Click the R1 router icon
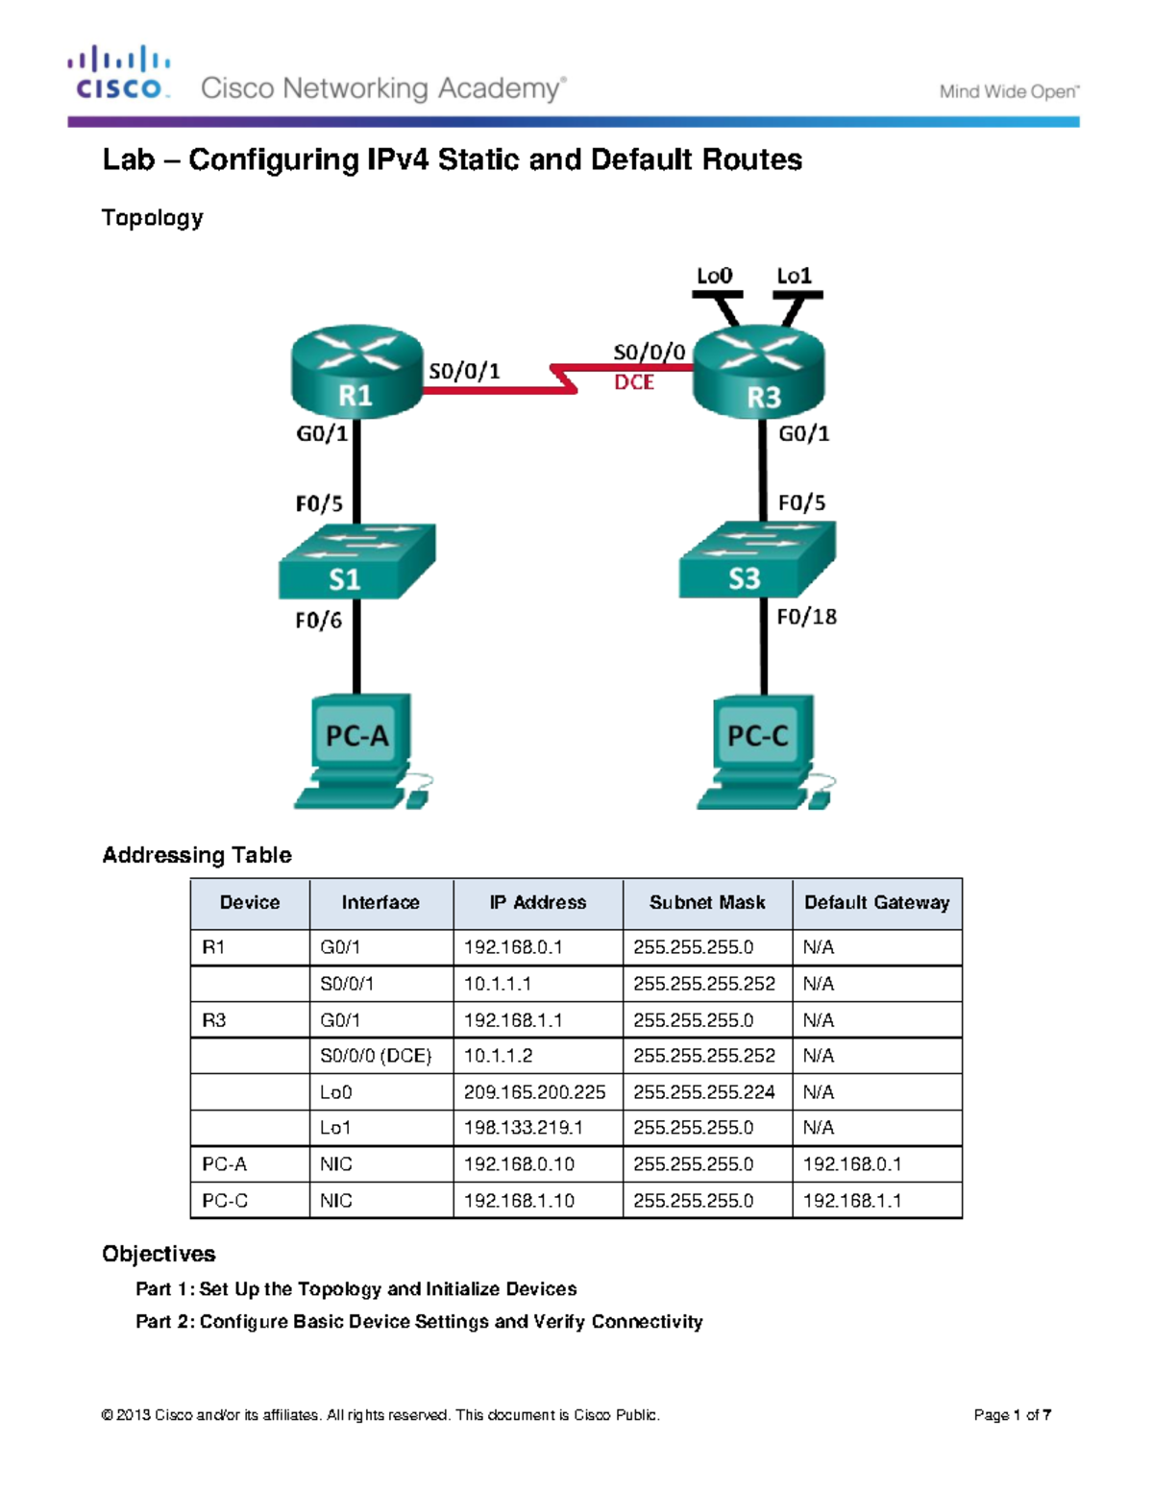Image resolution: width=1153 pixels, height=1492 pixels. click(356, 374)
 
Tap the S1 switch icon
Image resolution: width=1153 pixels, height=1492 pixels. click(356, 563)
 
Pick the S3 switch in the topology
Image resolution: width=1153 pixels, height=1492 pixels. click(757, 561)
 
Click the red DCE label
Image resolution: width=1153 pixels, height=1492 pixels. click(634, 382)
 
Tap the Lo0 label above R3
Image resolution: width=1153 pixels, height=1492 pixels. click(714, 277)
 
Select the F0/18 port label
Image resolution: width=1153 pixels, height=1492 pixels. click(806, 617)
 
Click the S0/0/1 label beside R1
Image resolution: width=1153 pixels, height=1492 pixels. click(464, 371)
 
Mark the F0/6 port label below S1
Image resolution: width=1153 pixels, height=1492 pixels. click(318, 621)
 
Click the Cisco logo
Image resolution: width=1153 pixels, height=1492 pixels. click(119, 73)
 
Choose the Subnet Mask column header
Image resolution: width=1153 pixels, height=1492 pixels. click(707, 903)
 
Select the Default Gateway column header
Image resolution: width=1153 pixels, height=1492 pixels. click(876, 903)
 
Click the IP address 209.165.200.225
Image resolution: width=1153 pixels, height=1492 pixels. click(534, 1092)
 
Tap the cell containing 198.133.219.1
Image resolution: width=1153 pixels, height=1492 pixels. click(523, 1128)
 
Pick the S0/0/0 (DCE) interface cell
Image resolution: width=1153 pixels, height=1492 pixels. click(376, 1056)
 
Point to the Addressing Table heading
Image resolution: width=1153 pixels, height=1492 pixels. click(197, 855)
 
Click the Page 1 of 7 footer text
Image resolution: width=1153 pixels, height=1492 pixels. click(1012, 1415)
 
